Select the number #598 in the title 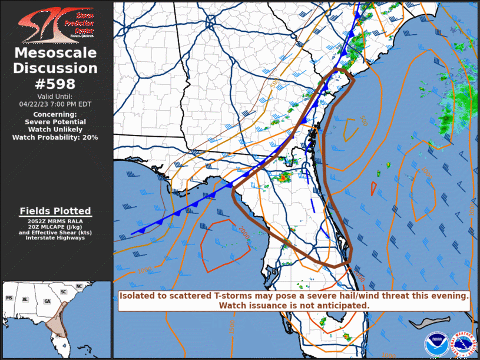(55, 84)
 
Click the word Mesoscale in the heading (55, 53)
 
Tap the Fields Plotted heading (55, 211)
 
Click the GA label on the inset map (47, 301)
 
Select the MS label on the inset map (9, 299)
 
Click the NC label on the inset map (80, 287)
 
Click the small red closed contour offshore (373, 188)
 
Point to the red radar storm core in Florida (282, 177)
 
